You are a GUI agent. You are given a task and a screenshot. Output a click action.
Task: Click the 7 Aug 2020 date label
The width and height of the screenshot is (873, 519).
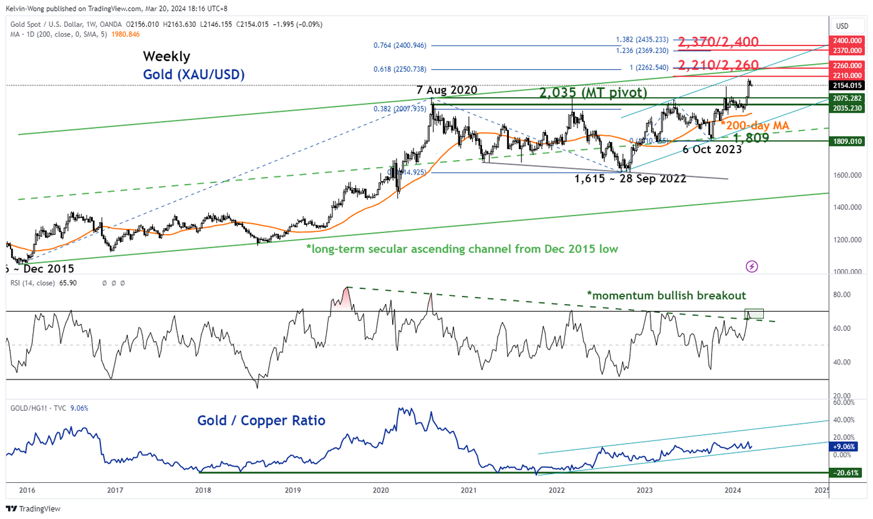click(447, 90)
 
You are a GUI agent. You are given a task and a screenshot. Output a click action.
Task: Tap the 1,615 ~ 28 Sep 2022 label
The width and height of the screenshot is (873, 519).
click(630, 178)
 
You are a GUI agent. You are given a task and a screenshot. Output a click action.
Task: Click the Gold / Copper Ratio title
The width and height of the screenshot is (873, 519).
click(261, 421)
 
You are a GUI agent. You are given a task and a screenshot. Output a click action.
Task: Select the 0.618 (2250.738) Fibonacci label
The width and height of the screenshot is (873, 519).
click(399, 69)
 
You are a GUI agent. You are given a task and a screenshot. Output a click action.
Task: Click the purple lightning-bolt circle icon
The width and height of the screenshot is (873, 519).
click(752, 266)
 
